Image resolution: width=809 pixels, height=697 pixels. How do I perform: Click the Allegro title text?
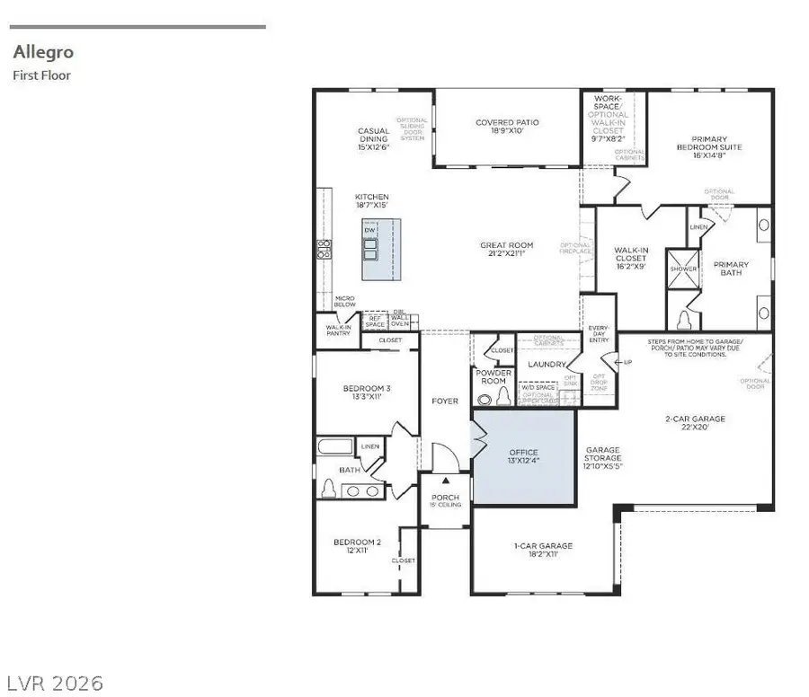click(x=42, y=53)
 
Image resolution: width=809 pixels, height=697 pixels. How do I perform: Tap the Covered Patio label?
click(x=507, y=128)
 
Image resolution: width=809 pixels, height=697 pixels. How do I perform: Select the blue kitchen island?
click(x=381, y=250)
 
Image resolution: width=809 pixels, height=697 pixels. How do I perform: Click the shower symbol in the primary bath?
click(x=683, y=268)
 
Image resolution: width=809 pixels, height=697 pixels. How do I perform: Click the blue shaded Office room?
click(x=523, y=456)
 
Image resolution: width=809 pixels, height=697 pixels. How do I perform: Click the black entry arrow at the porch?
click(x=444, y=482)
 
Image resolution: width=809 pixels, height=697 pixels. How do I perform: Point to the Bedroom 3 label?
click(x=367, y=393)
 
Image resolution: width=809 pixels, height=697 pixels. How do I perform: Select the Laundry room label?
click(x=545, y=365)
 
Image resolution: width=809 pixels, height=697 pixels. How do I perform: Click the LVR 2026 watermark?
click(x=58, y=681)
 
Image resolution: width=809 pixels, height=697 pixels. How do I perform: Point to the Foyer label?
click(x=444, y=401)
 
